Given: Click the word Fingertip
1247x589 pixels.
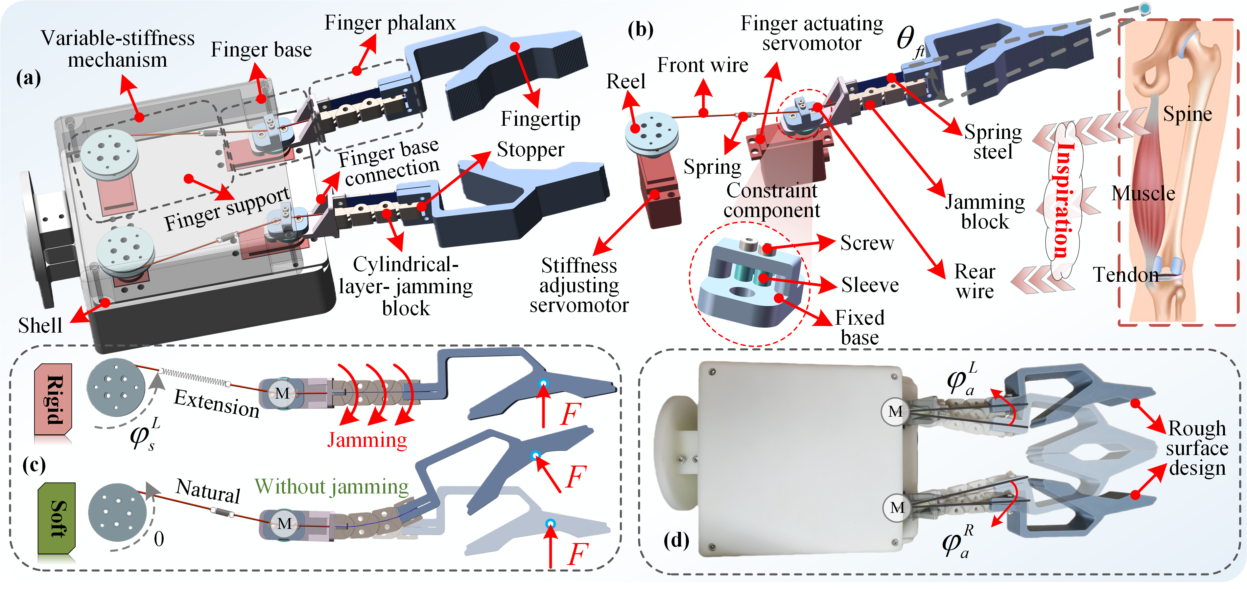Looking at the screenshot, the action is (x=540, y=119).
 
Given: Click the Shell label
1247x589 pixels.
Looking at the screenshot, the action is (x=40, y=325).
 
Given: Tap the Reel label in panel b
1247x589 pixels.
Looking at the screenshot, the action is (x=626, y=81).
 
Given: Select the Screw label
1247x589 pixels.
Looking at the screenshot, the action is (x=867, y=243).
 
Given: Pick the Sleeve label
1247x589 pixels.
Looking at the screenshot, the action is (x=870, y=285).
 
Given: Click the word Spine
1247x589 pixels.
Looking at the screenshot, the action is (x=1188, y=115).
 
